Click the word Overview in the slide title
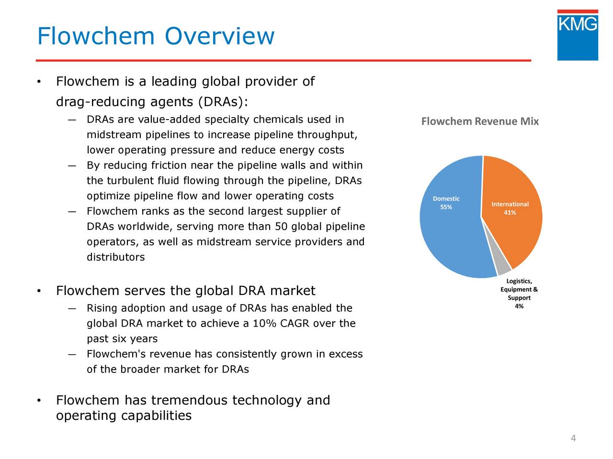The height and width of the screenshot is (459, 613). [x=219, y=36]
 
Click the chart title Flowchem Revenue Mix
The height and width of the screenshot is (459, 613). [x=480, y=121]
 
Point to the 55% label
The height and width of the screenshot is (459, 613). [x=446, y=207]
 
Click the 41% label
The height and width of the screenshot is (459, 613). [x=510, y=213]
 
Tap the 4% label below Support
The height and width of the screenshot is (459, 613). [x=519, y=306]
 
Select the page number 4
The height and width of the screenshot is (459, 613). [x=573, y=438]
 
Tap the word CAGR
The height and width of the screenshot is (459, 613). [x=295, y=324]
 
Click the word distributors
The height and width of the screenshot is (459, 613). [x=115, y=257]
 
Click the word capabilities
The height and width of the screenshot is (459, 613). [x=156, y=415]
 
